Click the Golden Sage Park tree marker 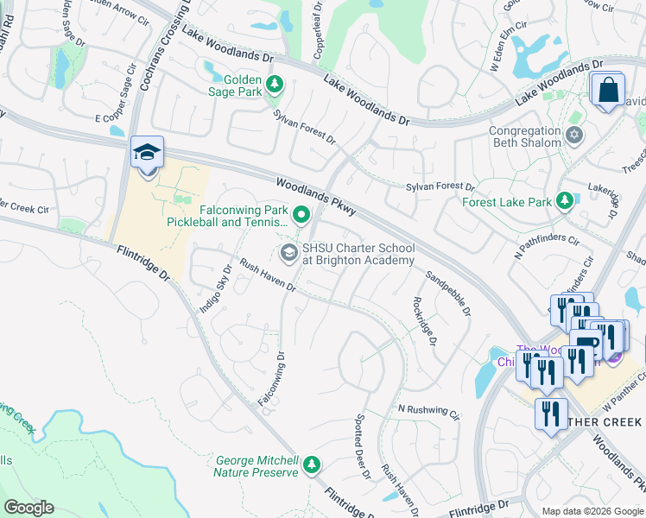[275, 85]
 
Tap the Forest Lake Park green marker [565, 201]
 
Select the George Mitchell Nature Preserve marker [311, 466]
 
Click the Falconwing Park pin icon [301, 214]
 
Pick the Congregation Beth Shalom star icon [574, 136]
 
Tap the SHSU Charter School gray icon [288, 252]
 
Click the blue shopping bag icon [608, 90]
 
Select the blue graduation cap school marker [147, 154]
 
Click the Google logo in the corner [28, 508]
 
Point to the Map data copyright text [592, 511]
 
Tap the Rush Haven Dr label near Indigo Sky [268, 276]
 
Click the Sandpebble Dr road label [448, 294]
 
